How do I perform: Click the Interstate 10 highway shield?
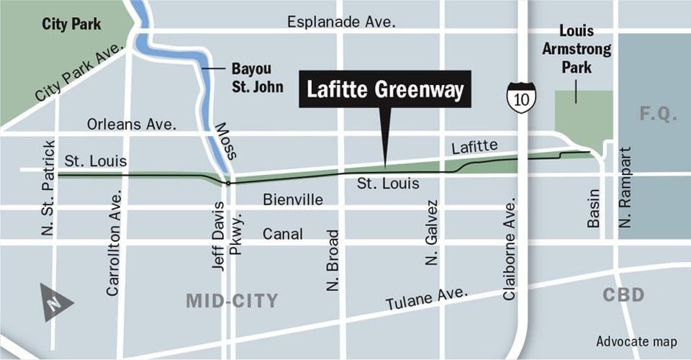pos(520,97)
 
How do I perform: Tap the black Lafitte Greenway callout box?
pos(385,89)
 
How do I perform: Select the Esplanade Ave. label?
pos(342,22)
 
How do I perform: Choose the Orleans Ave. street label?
pos(132,124)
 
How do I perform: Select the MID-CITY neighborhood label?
pos(232,301)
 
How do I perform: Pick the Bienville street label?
pos(293,199)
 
